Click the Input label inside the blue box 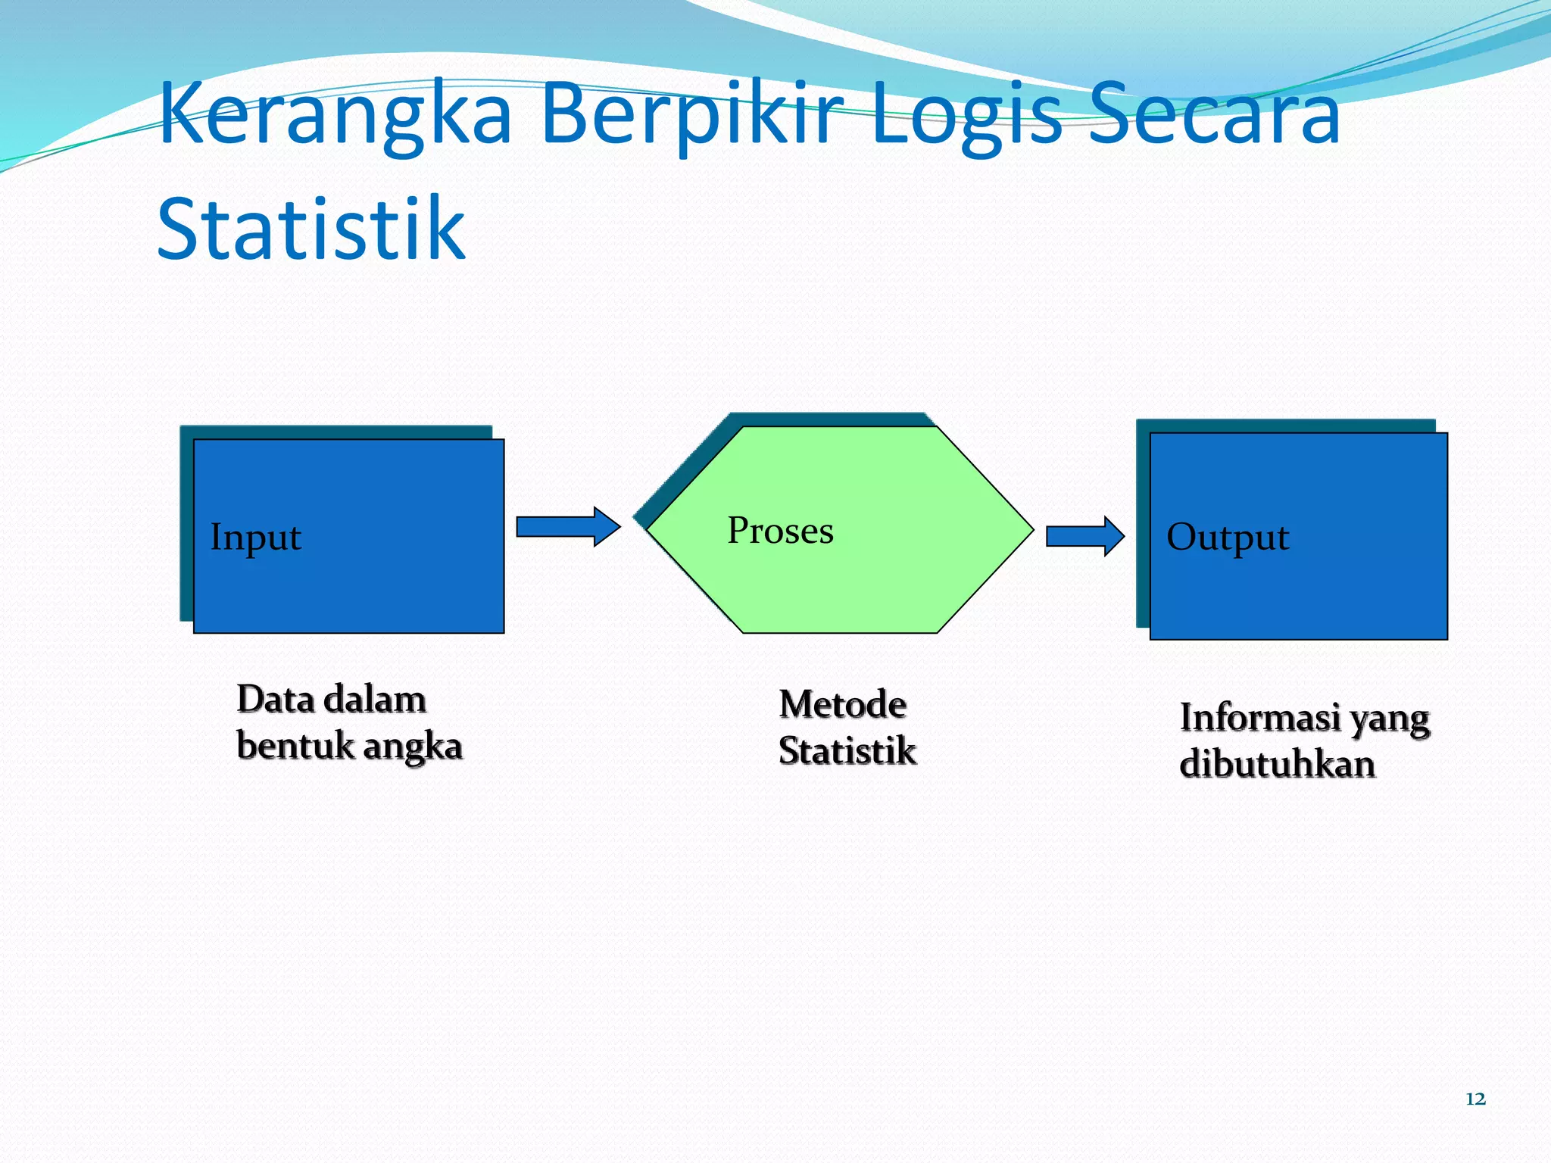256,537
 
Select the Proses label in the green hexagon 780,530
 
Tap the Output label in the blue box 1227,537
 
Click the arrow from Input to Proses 568,526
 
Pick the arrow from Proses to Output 1084,536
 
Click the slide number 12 1475,1099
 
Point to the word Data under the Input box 275,699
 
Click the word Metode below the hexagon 842,704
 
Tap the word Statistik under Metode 847,750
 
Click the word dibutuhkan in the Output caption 1277,764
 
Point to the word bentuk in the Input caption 295,745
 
